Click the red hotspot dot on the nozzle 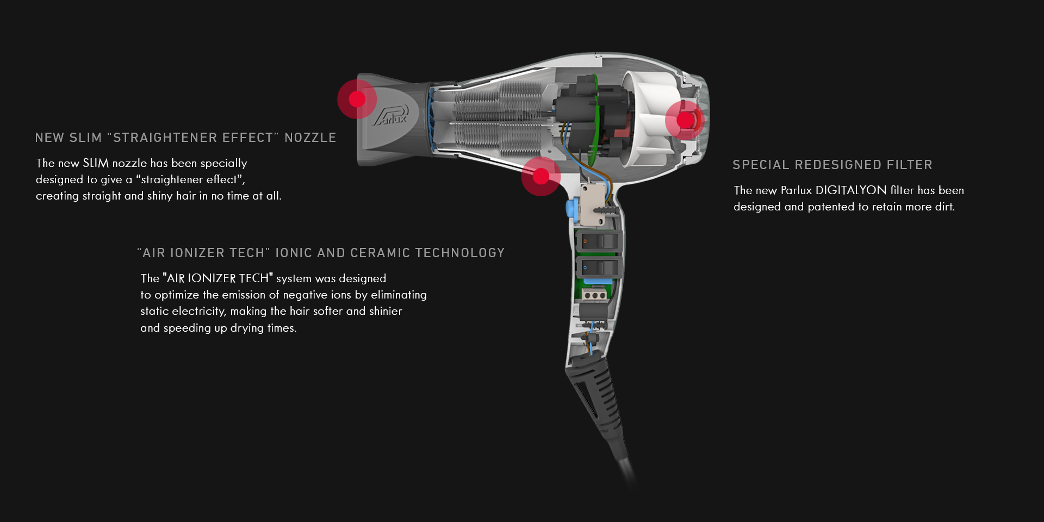[357, 99]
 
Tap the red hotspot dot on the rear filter [685, 120]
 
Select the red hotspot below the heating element [540, 176]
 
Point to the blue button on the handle [571, 208]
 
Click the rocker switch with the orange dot [596, 240]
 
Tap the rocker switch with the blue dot [596, 268]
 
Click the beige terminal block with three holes [594, 295]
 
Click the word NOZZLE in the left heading [310, 138]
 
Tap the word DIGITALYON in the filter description [851, 190]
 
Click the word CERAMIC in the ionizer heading [380, 253]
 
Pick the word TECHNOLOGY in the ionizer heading [460, 253]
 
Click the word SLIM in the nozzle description [96, 163]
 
